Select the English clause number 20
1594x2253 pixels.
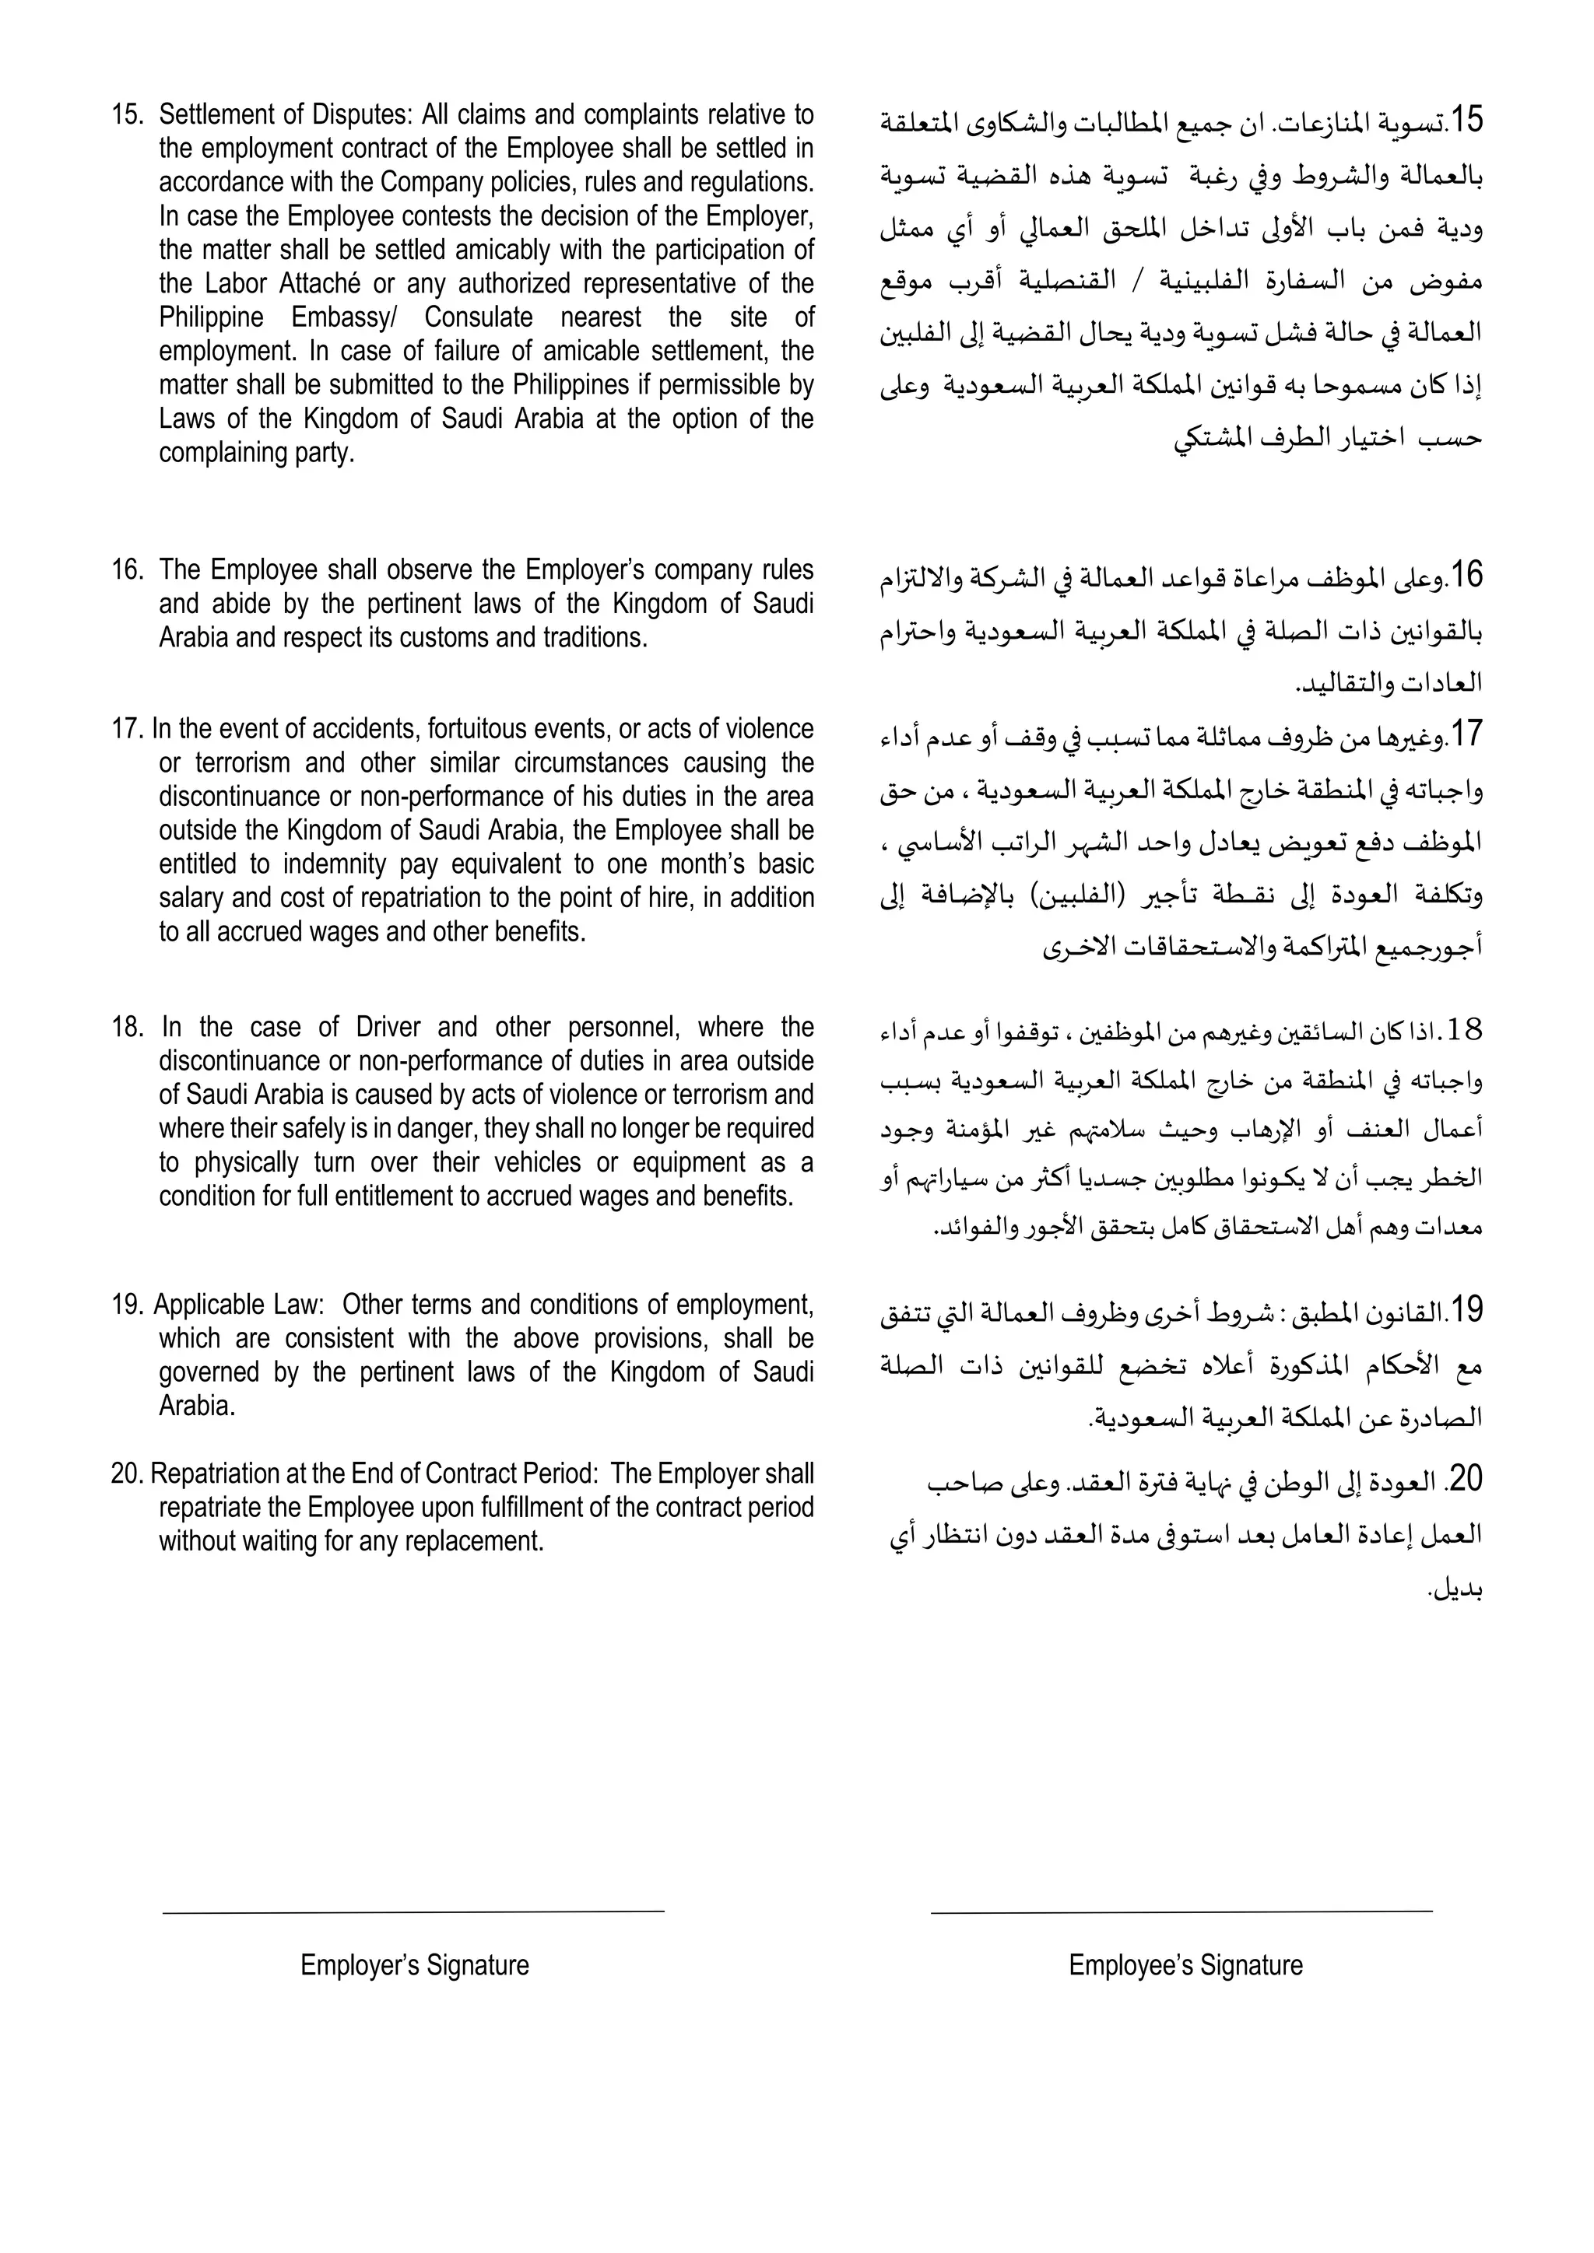127,1474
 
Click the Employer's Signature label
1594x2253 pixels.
414,1965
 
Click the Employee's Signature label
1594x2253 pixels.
1185,1965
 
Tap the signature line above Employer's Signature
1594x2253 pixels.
413,1911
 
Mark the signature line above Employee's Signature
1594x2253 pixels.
1181,1911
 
